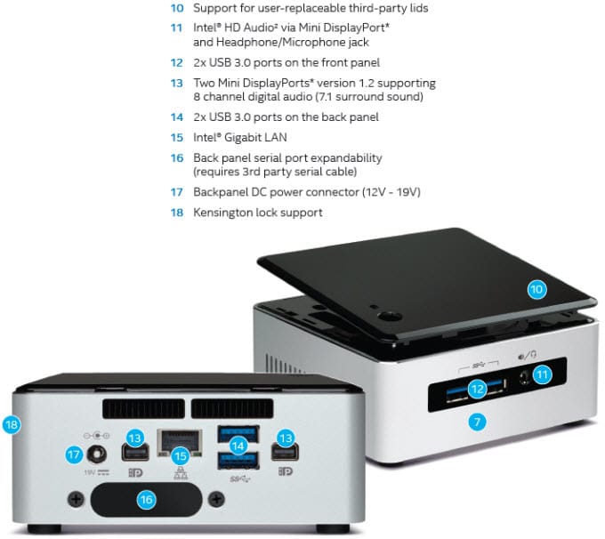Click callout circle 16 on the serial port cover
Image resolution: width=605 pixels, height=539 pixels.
pyautogui.click(x=146, y=500)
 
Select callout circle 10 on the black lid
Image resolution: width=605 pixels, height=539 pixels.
pyautogui.click(x=536, y=289)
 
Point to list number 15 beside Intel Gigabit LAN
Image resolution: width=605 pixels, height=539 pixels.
pyautogui.click(x=177, y=138)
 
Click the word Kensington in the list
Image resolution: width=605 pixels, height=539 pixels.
pyautogui.click(x=226, y=213)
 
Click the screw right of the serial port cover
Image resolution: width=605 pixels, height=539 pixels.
pyautogui.click(x=214, y=502)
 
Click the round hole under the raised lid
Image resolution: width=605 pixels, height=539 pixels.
pyautogui.click(x=389, y=315)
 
